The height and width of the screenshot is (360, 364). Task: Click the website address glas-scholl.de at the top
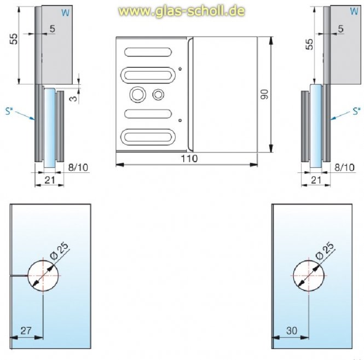point(182,11)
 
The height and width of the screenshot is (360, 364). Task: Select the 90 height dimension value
point(265,94)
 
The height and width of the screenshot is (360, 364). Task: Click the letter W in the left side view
point(65,12)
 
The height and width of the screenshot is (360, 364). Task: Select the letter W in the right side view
point(353,12)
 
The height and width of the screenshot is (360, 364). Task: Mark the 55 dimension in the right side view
point(310,45)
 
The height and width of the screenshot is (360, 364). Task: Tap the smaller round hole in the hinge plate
point(159,94)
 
